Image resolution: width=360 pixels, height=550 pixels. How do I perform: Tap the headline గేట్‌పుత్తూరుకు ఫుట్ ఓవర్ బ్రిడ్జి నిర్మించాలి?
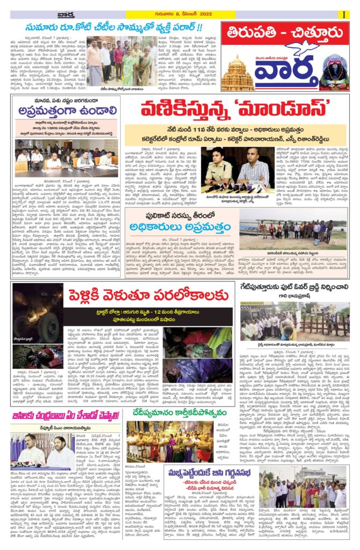point(293,288)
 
